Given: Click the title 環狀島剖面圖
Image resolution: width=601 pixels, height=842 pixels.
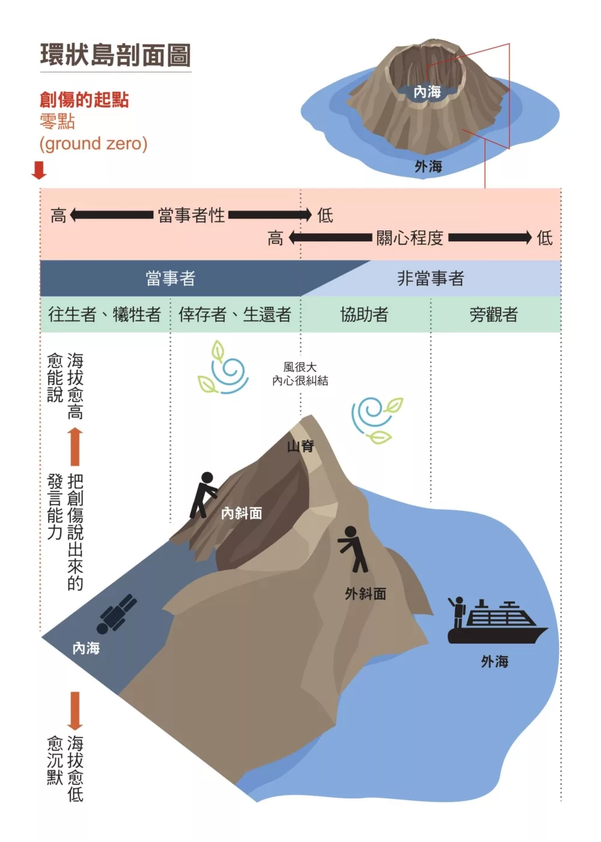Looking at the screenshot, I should [x=115, y=55].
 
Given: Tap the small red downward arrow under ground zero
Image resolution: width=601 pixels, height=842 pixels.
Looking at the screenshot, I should [x=39, y=170].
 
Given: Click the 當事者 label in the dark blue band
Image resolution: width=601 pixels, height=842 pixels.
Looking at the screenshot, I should [x=171, y=278].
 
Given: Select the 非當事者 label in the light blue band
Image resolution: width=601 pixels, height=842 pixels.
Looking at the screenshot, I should [x=430, y=278].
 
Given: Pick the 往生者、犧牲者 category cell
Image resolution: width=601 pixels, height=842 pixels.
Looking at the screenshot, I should [x=105, y=314].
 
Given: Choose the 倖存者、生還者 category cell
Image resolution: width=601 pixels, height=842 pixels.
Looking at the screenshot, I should [x=235, y=314].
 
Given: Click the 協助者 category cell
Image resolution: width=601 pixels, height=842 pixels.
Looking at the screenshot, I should [x=364, y=314].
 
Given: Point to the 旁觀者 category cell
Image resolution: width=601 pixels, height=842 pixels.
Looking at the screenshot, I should [x=493, y=314].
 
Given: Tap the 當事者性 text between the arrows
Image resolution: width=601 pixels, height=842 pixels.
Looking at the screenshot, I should [x=191, y=215].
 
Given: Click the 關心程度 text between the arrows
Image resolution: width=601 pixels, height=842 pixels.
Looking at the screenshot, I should [x=410, y=238].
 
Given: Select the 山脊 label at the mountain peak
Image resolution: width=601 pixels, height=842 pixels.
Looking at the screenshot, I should [x=300, y=446].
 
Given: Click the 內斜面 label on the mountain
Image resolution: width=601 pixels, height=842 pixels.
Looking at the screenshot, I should [x=242, y=513].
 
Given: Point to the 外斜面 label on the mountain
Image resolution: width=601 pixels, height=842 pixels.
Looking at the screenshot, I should [x=365, y=594].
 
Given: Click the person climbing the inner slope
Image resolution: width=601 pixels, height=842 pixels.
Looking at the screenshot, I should [x=204, y=494].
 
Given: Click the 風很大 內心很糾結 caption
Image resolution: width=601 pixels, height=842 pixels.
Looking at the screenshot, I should [x=300, y=373].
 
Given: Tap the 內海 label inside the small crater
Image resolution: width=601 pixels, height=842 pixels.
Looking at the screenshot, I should [x=427, y=92].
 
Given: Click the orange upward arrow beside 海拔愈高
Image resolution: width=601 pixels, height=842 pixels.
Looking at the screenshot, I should [x=75, y=446].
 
